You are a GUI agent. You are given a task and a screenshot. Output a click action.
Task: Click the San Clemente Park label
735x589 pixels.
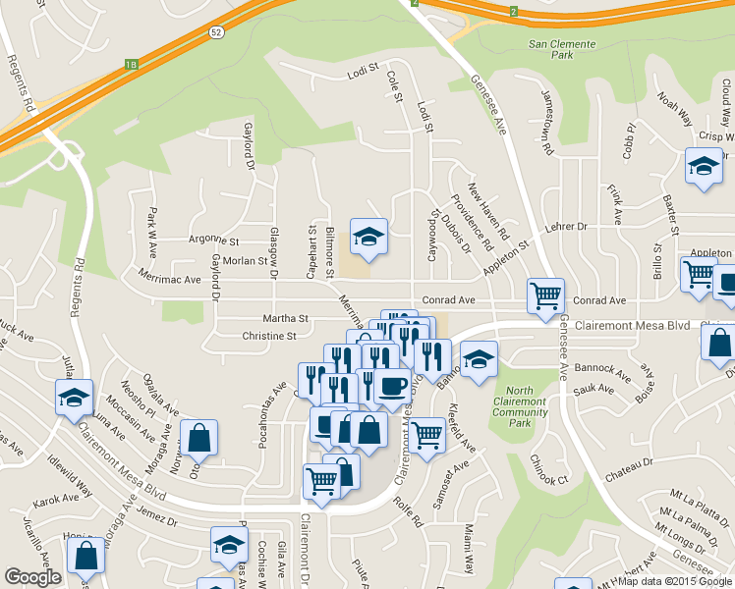(x=562, y=50)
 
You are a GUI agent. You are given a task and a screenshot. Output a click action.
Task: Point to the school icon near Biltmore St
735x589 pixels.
(x=368, y=237)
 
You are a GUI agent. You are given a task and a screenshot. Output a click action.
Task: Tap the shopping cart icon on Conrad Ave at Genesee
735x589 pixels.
(x=545, y=294)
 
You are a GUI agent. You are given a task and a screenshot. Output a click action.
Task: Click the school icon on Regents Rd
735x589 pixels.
(x=74, y=399)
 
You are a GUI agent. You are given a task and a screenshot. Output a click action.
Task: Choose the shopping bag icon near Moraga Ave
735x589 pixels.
(x=198, y=438)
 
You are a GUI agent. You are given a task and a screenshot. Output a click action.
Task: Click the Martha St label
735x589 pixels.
(x=286, y=319)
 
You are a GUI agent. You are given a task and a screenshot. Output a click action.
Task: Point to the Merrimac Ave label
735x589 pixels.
(x=169, y=279)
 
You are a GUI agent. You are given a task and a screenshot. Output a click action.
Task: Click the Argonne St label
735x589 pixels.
(x=213, y=240)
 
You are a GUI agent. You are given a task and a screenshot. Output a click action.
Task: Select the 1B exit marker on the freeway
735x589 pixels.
(x=132, y=66)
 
